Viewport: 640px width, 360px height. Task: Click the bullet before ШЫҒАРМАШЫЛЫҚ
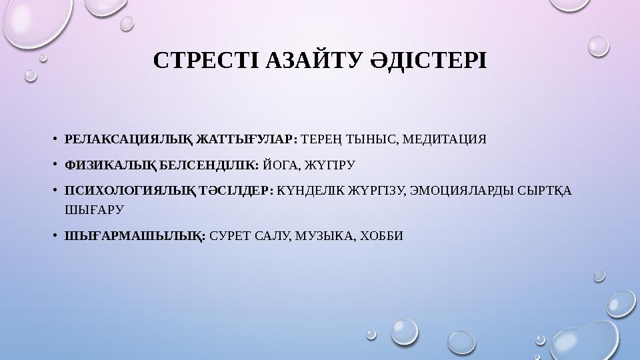[56, 236]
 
